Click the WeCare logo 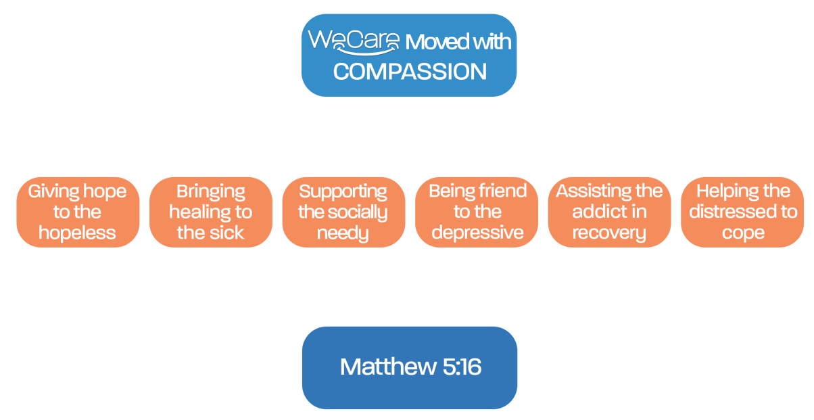[x=354, y=42]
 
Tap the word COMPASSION [x=410, y=72]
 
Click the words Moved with [x=458, y=42]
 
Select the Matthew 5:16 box [x=410, y=368]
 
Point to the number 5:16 [x=462, y=367]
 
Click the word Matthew [x=388, y=367]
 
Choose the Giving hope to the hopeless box [x=78, y=212]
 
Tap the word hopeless [x=77, y=233]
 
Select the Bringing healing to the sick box [x=211, y=212]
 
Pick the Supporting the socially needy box [x=343, y=212]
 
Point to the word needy [x=343, y=233]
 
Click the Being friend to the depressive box [x=477, y=212]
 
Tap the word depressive [x=477, y=233]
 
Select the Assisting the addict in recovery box [x=609, y=212]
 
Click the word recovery [x=609, y=233]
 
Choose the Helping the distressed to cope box [x=742, y=212]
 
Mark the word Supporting [x=343, y=192]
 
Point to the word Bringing [x=211, y=192]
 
